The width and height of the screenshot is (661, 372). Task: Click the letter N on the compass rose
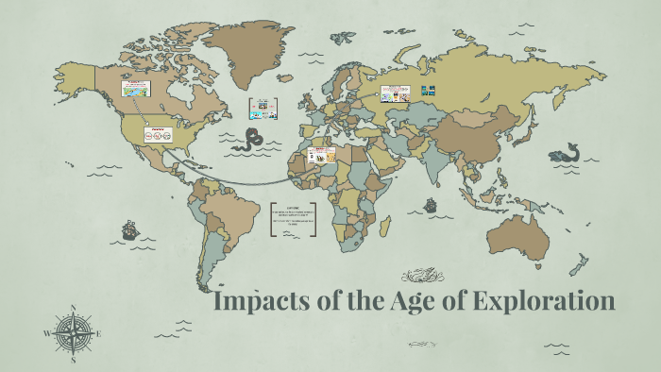pyautogui.click(x=73, y=307)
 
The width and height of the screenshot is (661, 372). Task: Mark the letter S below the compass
pyautogui.click(x=73, y=360)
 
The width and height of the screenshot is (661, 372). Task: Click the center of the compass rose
pyautogui.click(x=73, y=333)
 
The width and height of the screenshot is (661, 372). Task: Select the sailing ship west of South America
pyautogui.click(x=129, y=229)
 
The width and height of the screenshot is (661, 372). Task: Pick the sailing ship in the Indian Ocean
pyautogui.click(x=430, y=204)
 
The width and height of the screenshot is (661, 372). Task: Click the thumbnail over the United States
pyautogui.click(x=157, y=133)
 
